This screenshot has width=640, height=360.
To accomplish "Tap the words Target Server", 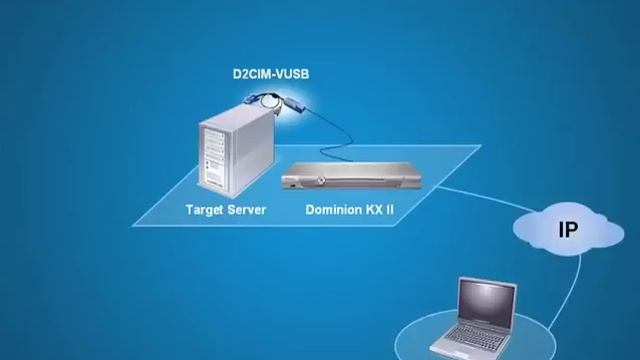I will [225, 210].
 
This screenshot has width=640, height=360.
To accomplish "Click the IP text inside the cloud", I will [567, 231].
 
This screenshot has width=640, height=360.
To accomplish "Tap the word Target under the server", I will [205, 210].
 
